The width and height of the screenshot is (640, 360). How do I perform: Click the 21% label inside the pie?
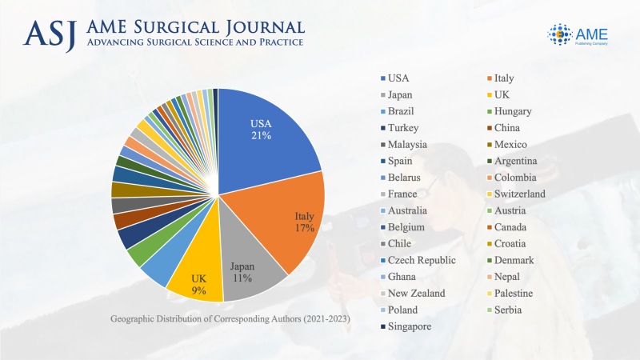click(262, 136)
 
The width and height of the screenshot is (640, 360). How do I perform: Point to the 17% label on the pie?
click(303, 228)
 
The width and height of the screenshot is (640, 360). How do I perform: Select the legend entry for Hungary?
click(513, 111)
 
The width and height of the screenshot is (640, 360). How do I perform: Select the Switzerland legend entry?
click(519, 194)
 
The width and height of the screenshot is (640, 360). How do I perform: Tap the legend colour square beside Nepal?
click(488, 277)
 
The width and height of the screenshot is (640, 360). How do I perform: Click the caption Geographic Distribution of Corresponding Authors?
click(231, 320)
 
